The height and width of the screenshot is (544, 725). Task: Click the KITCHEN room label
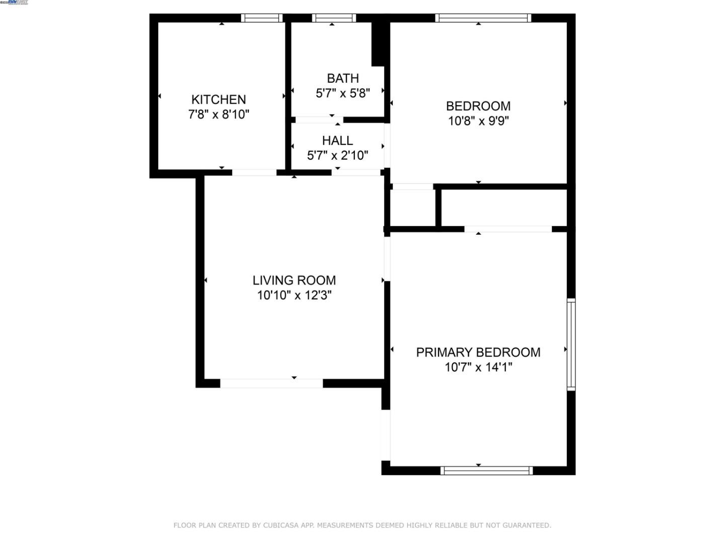pos(219,99)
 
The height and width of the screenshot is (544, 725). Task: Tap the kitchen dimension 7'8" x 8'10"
pos(219,114)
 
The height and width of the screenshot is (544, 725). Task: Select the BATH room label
pos(343,78)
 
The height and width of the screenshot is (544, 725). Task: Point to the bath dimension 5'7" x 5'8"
pos(343,93)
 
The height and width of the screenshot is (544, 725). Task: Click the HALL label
pos(337,141)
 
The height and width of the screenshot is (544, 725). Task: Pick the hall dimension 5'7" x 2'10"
pos(337,156)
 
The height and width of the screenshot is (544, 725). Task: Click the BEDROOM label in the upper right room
pos(478,106)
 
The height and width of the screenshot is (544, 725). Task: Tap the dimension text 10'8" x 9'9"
pos(478,121)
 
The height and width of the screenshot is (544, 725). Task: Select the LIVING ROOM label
pos(294,280)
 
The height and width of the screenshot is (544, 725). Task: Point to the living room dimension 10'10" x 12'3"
pos(294,295)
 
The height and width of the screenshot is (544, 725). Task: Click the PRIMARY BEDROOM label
pos(478,352)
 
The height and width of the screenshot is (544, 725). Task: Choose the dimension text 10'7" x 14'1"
pos(478,367)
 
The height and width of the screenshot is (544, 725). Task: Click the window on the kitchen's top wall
pos(261,18)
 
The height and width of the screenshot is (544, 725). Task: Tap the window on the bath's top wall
pos(334,18)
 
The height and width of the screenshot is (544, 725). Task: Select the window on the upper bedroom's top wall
pos(483,18)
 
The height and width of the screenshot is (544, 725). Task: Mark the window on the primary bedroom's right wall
pos(571,345)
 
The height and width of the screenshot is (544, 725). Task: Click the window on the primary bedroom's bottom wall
pos(486,470)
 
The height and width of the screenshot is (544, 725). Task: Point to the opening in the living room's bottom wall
pos(271,383)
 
